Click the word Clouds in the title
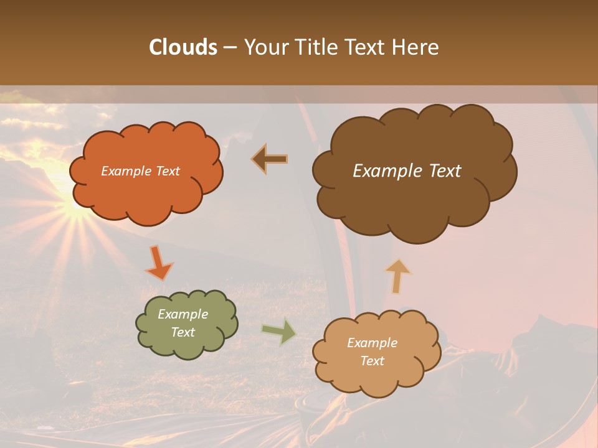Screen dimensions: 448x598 [x=183, y=47]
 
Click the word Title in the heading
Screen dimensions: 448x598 [x=315, y=47]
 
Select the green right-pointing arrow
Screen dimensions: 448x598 [x=278, y=331]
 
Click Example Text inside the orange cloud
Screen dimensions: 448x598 [x=140, y=171]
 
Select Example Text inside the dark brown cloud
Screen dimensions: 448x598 [x=407, y=171]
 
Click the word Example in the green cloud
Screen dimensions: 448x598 [x=183, y=314]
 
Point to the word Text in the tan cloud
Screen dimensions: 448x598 [x=372, y=361]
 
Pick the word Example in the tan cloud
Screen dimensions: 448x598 [x=372, y=343]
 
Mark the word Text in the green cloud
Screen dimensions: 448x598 [x=183, y=332]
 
